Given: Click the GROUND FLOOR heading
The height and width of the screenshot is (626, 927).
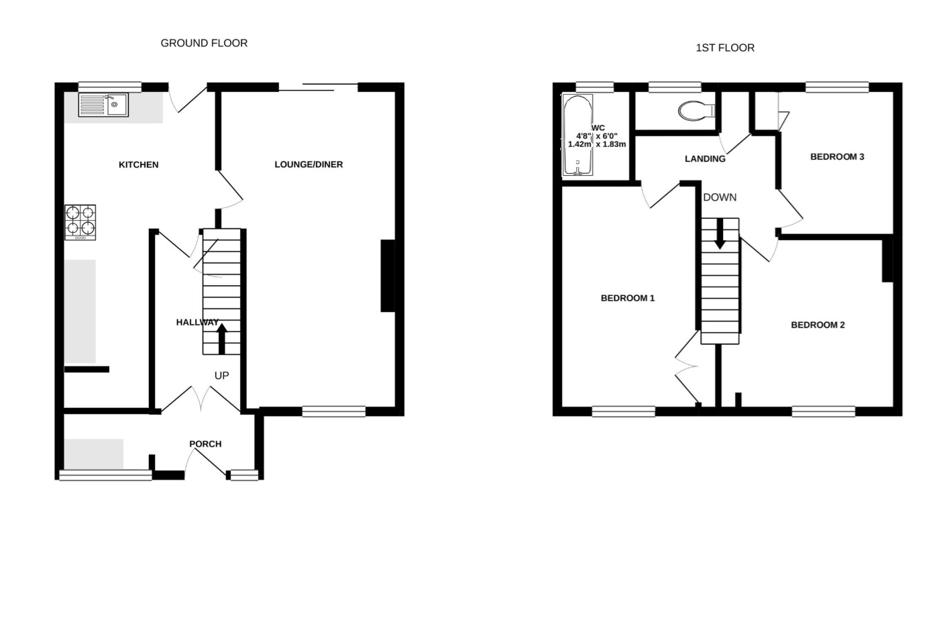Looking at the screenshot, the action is point(204,43).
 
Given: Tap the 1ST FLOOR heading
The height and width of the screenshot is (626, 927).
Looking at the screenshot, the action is point(725,48).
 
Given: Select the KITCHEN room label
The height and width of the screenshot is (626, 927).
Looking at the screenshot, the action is point(139,165).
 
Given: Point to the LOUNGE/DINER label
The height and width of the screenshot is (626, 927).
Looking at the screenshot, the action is point(309,164).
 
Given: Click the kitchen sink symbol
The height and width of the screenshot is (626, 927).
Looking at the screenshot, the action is point(103,105).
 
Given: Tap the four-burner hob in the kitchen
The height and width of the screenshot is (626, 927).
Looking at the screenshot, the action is point(80,222).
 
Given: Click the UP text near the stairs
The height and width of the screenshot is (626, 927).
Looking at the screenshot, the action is point(222,376).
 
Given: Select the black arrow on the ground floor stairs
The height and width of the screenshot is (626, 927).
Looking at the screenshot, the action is point(222,339).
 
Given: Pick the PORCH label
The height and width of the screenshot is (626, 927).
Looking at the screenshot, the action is point(205,444).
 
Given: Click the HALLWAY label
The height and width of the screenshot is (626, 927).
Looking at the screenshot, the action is point(197,322).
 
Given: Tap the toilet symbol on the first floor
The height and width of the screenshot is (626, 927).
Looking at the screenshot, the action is point(696,111).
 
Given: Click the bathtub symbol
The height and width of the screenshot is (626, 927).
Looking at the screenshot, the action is point(578,135).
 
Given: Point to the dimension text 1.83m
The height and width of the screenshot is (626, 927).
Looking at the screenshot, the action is point(611,144).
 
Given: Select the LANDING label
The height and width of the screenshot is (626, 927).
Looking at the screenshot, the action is point(705,158).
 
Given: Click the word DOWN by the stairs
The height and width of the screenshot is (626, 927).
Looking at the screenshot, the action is point(720,197).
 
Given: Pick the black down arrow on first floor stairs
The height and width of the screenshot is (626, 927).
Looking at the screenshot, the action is point(720,234).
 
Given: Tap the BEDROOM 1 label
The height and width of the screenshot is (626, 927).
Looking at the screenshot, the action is point(628,298).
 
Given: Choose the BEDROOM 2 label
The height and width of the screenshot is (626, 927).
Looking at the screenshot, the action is point(818,325).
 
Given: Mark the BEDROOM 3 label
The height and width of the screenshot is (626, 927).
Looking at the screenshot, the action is point(837,156).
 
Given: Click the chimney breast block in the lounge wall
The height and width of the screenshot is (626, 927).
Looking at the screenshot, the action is point(388,275).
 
